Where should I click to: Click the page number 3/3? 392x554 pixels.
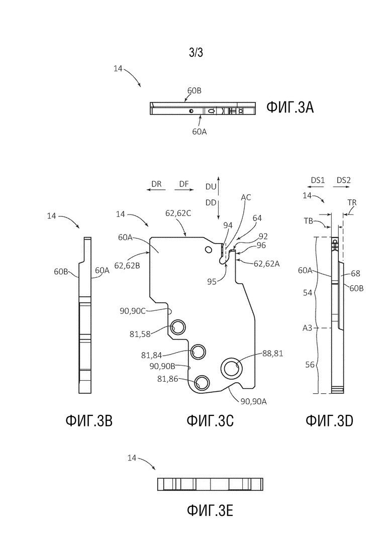pos(196,53)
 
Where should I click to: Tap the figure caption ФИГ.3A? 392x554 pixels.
pos(289,107)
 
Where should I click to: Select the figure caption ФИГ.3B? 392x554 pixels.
pos(89,420)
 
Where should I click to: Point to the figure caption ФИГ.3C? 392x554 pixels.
pos(210,420)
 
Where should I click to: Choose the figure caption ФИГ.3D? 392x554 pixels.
pos(329,420)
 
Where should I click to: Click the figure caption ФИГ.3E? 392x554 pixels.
pos(210,510)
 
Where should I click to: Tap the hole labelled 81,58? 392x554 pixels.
pos(178,327)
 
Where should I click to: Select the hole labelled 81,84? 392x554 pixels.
pos(199,352)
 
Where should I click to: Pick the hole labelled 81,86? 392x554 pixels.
pos(202,382)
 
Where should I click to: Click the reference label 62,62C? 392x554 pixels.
pos(178,213)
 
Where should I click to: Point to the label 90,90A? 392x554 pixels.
pos(253,401)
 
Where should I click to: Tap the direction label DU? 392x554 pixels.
pos(211,186)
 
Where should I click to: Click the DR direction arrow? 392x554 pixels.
pos(156,190)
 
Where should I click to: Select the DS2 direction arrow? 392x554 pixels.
pos(343,187)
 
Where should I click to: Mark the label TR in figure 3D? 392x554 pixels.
pos(352,202)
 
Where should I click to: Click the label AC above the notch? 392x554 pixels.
pos(246,197)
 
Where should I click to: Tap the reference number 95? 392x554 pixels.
pos(212,282)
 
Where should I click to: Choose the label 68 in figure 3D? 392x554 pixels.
pos(356,273)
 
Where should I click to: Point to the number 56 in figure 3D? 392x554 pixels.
pos(310,364)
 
